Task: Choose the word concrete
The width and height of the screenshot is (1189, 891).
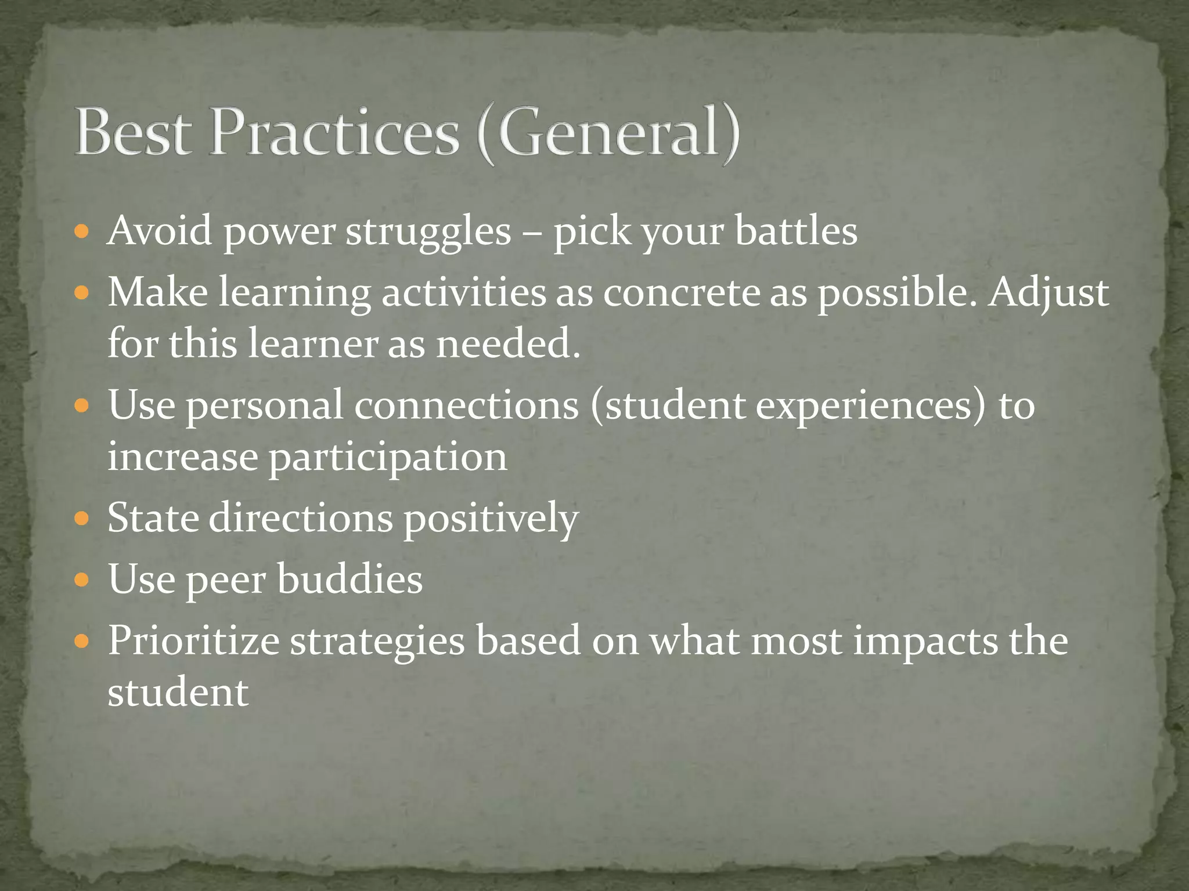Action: point(682,292)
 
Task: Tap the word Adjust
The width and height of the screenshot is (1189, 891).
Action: point(1049,292)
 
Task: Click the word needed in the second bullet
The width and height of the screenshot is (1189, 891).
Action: point(507,343)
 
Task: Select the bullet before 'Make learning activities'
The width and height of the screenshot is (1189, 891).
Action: point(82,293)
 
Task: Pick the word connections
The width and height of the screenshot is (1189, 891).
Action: point(466,405)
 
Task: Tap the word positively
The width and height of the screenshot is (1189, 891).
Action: point(491,519)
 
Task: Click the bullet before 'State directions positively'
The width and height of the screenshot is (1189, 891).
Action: point(82,518)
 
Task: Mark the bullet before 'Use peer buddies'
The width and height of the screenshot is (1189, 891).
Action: point(82,579)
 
